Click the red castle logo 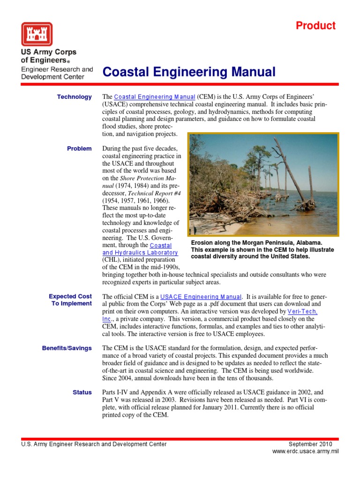click(37, 34)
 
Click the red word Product click(315, 26)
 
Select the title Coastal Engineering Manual click(189, 72)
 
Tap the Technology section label click(74, 97)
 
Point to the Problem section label click(79, 149)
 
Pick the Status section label click(82, 392)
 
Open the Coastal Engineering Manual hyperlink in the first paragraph click(155, 97)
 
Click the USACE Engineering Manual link click(201, 297)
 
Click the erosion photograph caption click(262, 249)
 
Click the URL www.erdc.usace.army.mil click(305, 451)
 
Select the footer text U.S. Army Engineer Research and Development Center click(94, 444)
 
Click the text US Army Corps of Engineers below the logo click(49, 56)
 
